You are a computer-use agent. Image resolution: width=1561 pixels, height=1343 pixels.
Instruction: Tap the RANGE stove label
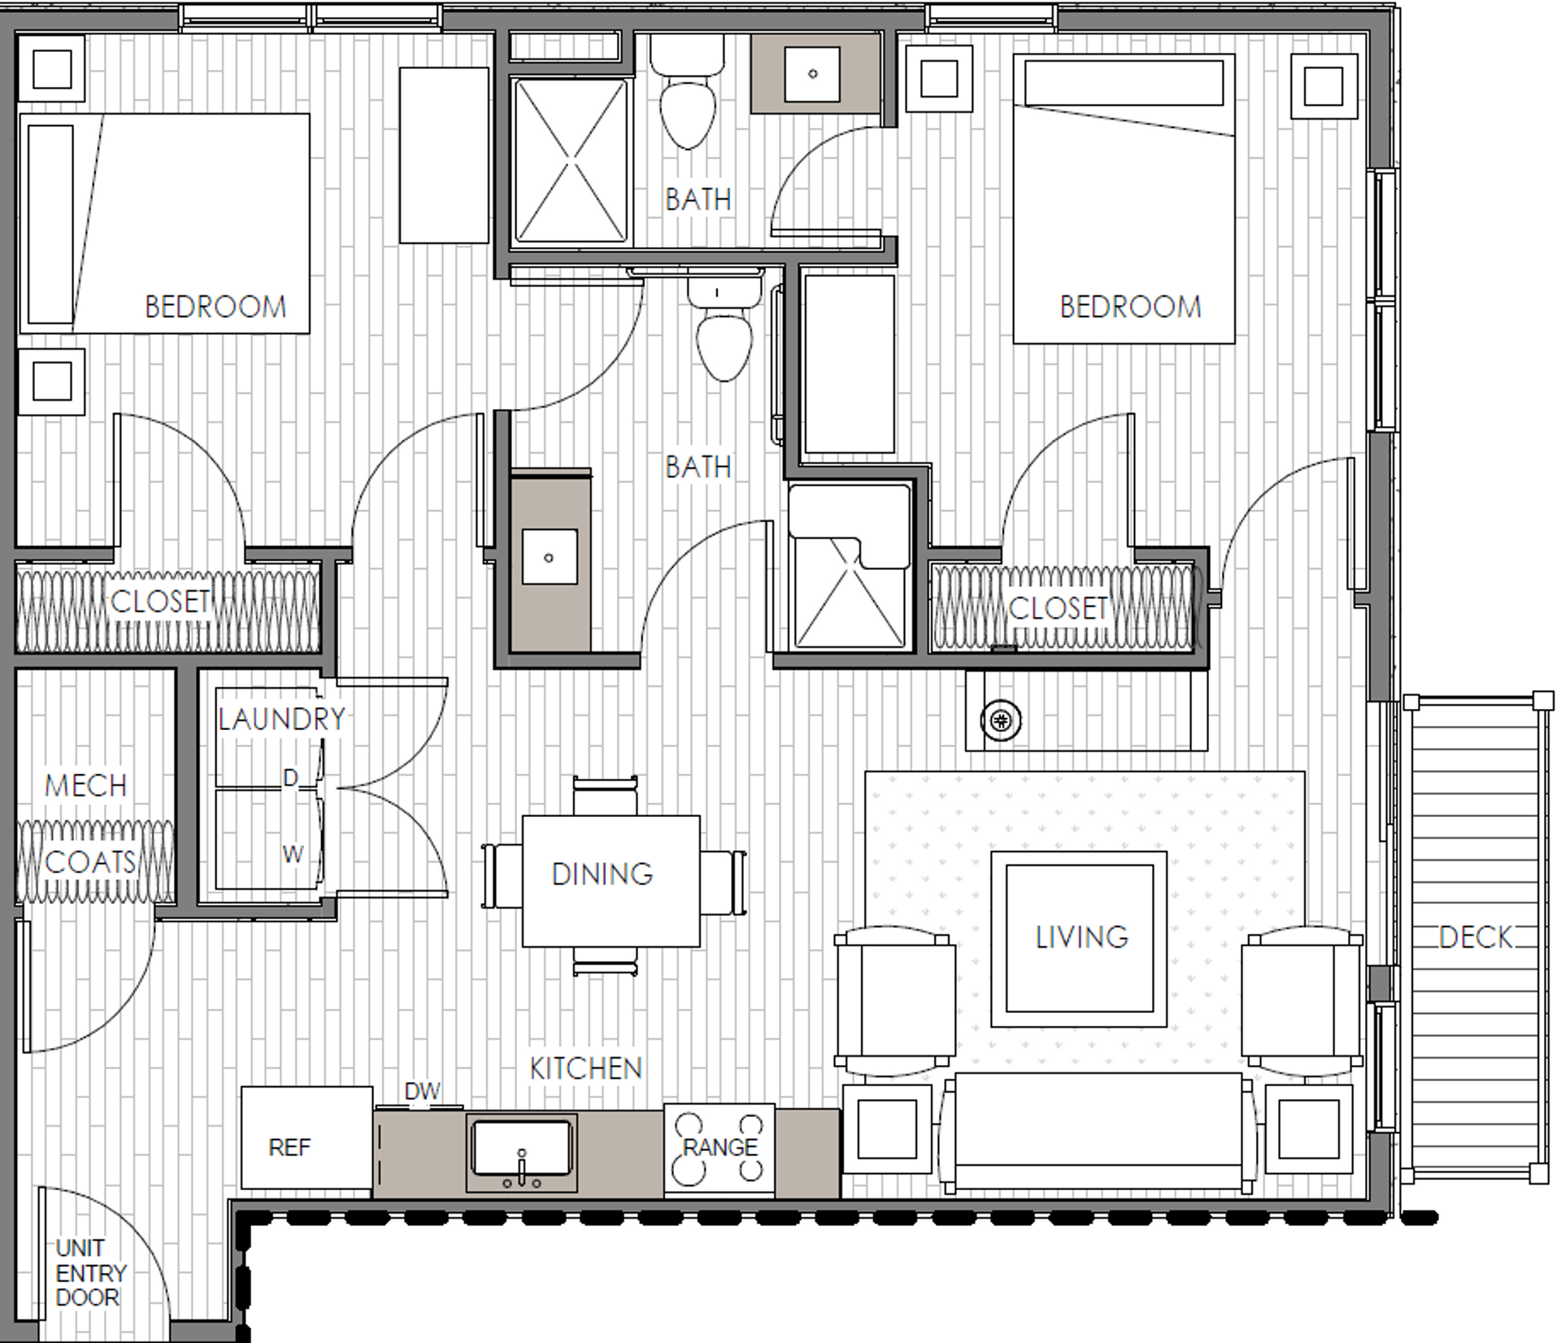(x=720, y=1147)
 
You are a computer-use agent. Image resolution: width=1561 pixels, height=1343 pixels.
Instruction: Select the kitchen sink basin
(x=522, y=1148)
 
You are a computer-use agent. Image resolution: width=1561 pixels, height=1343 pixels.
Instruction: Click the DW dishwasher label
(x=422, y=1091)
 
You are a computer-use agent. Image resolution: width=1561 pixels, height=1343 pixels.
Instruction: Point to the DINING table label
(x=602, y=874)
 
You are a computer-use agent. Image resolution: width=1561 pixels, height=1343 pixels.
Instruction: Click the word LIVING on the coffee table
(x=1081, y=937)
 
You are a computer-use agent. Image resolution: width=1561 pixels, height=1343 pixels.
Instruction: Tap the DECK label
(x=1475, y=937)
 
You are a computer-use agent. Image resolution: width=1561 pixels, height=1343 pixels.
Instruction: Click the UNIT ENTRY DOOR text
(x=90, y=1272)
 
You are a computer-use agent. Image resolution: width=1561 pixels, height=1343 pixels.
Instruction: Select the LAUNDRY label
(x=281, y=719)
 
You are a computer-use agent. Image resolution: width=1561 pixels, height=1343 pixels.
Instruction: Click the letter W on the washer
(x=293, y=854)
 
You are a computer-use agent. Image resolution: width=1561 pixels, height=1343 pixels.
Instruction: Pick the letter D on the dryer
(x=290, y=778)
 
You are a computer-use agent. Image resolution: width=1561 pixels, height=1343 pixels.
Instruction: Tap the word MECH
(x=85, y=785)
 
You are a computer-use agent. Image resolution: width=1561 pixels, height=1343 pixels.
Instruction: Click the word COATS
(x=89, y=862)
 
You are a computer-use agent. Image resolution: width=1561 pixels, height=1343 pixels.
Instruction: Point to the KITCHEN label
(x=585, y=1068)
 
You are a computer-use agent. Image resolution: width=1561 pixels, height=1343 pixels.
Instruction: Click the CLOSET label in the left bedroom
(x=160, y=602)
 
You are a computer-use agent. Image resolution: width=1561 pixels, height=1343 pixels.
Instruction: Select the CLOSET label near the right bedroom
(x=1058, y=608)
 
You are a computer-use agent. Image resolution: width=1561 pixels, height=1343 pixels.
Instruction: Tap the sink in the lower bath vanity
(x=550, y=557)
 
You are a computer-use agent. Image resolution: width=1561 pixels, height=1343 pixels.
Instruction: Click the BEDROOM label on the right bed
(x=1130, y=306)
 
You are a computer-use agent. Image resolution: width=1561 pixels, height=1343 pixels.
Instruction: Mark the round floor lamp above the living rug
(x=1001, y=720)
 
